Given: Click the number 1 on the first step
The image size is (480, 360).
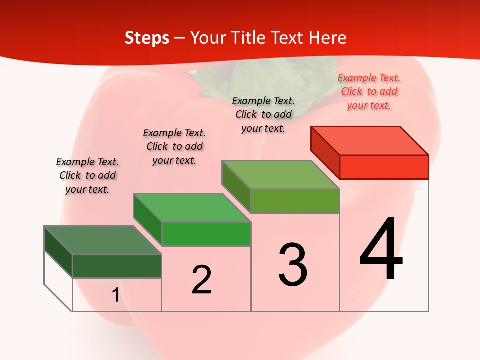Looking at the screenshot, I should click(x=115, y=295).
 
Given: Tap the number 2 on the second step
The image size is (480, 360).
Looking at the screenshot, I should click(x=201, y=280).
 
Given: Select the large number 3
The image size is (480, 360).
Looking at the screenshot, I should click(x=293, y=265).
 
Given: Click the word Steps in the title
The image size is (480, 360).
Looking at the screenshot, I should click(x=147, y=38).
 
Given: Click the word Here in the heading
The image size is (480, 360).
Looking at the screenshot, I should click(x=327, y=38).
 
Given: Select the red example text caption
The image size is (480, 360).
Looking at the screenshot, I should click(x=369, y=91).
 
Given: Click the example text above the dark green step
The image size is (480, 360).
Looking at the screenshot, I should click(x=87, y=175).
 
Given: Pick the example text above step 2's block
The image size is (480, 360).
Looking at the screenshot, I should click(x=174, y=146).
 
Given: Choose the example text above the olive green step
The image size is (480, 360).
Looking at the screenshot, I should click(x=263, y=114).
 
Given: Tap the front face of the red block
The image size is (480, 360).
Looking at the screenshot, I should click(x=384, y=167).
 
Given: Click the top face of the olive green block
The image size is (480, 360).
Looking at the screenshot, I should click(x=280, y=175).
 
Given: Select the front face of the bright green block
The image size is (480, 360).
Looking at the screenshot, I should click(x=206, y=234).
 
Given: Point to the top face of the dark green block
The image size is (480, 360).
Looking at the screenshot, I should click(x=103, y=240).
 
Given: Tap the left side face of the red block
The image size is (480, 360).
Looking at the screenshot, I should click(x=325, y=152).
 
